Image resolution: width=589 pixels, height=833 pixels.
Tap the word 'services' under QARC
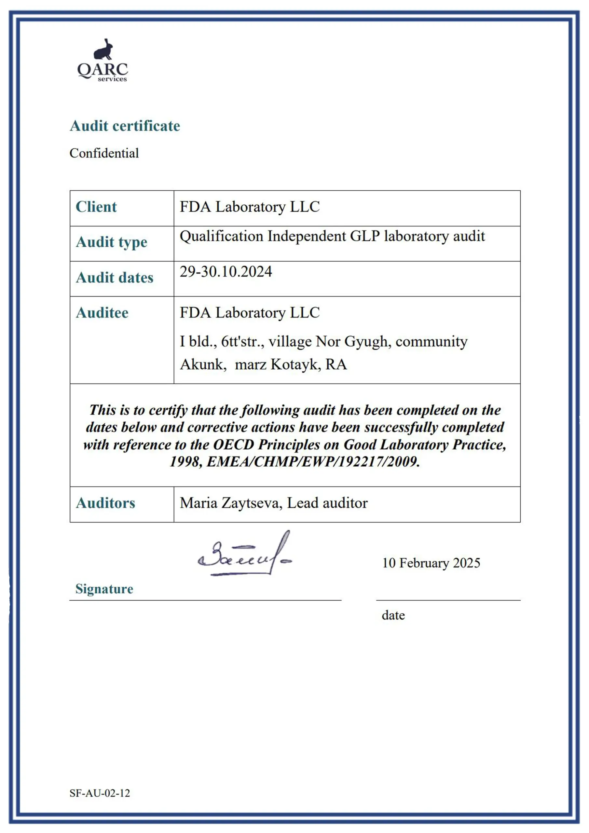click(x=112, y=79)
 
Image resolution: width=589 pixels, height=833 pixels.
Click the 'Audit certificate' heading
click(x=125, y=126)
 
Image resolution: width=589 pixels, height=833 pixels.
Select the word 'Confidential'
click(x=104, y=153)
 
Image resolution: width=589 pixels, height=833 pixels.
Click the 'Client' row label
click(x=96, y=207)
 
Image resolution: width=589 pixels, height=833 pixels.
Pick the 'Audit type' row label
click(x=111, y=242)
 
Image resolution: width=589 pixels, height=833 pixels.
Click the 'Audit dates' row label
click(x=114, y=278)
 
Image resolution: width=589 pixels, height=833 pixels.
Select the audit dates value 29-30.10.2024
click(x=226, y=271)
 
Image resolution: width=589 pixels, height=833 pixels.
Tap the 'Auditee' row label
click(x=102, y=313)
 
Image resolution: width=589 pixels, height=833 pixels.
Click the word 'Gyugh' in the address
click(x=367, y=342)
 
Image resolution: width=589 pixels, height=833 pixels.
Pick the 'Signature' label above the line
click(x=104, y=589)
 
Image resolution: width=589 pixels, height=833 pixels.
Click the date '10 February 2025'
click(x=431, y=563)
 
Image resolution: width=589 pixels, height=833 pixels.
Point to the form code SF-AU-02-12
click(x=100, y=793)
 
